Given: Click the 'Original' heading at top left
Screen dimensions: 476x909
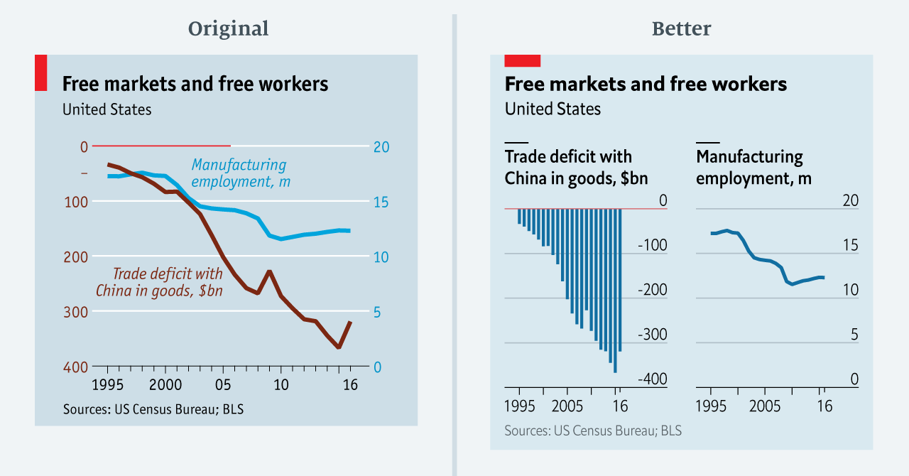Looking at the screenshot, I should pos(228,29).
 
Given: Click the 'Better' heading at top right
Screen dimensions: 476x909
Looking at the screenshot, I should pos(681,29).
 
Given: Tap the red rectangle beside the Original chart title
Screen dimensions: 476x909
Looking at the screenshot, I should pos(40,72).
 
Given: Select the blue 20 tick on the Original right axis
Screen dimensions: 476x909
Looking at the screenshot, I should pos(381,147).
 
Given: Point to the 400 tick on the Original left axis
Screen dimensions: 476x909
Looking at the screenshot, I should pos(80,367).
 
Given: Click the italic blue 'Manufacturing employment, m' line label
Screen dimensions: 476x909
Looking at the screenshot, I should pos(240,173).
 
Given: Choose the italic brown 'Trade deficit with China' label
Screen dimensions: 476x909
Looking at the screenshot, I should pos(159,281).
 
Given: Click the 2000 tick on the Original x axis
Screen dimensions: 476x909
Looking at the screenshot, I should pos(165,384).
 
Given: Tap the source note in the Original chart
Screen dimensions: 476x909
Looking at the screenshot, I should pos(153,409).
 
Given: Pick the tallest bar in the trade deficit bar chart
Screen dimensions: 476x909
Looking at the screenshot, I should pos(615,291).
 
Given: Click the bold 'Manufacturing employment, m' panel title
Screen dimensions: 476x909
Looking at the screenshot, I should pos(753,167).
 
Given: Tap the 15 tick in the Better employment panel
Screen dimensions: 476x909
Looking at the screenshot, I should pos(850,246).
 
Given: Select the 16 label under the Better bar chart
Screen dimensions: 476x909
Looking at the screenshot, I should pos(620,407).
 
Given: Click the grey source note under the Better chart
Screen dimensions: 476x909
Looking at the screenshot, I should pos(593,431).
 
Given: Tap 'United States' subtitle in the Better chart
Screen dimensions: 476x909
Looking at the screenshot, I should pos(553,109).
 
